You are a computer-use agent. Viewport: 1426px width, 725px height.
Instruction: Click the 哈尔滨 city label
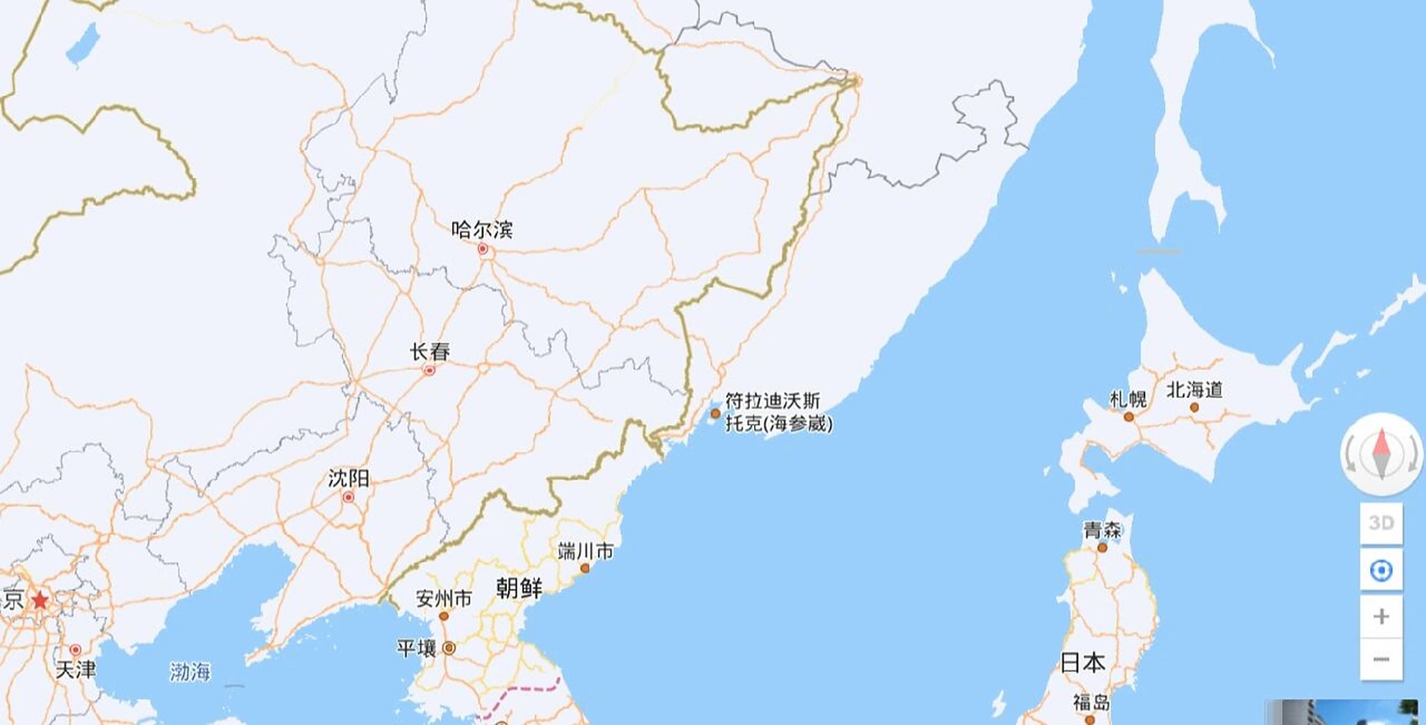click(x=482, y=229)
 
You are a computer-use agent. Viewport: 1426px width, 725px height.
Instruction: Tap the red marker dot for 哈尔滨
click(x=483, y=249)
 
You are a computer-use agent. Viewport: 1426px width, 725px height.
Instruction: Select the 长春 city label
click(x=430, y=352)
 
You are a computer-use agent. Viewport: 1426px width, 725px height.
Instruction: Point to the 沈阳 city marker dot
click(x=348, y=497)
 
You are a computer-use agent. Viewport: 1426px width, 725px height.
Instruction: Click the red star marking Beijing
click(x=40, y=600)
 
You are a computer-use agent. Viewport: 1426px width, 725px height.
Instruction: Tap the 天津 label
click(x=76, y=669)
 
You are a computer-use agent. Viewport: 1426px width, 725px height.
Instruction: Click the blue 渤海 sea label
click(x=190, y=672)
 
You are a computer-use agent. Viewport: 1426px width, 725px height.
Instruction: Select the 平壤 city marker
click(x=449, y=648)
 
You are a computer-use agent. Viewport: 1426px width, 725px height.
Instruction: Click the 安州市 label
click(x=444, y=598)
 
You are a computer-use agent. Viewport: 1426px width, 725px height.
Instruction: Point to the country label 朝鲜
click(x=519, y=588)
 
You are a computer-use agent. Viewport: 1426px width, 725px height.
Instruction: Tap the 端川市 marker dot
click(x=585, y=568)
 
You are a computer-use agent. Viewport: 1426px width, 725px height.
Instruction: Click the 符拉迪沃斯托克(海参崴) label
click(x=779, y=412)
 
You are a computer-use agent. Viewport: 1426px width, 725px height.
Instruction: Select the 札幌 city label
click(x=1128, y=399)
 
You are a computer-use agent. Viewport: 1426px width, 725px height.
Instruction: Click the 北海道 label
click(x=1194, y=390)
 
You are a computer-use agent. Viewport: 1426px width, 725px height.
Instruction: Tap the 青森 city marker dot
click(x=1102, y=548)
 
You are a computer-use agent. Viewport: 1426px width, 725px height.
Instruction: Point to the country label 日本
click(x=1083, y=662)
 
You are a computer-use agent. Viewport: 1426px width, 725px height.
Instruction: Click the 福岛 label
click(x=1091, y=703)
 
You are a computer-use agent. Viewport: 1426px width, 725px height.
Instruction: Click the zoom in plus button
click(x=1381, y=616)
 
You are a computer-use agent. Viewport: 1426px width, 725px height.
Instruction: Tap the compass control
click(x=1381, y=454)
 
